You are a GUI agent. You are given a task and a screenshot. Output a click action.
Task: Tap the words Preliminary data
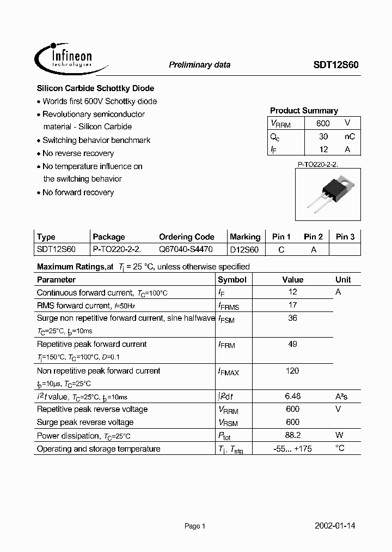click(199, 65)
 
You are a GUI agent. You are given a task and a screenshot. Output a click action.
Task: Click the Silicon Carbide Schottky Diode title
click(95, 88)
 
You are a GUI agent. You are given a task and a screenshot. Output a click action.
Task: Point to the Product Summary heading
click(304, 111)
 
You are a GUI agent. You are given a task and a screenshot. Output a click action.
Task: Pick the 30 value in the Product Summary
click(323, 137)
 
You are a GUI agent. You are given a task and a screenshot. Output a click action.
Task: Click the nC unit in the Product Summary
click(350, 137)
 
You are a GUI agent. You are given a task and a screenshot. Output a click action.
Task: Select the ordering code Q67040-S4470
click(186, 249)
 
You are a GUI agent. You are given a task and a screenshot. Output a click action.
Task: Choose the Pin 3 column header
click(345, 237)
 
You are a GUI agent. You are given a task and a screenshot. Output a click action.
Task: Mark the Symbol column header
click(232, 279)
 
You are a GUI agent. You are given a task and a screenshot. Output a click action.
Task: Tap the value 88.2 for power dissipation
click(292, 436)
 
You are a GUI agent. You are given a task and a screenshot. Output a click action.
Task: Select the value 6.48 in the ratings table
click(292, 397)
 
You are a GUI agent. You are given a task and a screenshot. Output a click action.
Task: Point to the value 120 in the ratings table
click(292, 371)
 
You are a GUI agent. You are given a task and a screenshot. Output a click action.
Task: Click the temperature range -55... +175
click(293, 449)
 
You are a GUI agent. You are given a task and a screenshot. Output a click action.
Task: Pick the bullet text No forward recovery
click(78, 193)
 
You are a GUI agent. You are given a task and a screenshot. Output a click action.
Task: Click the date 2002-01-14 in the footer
click(335, 526)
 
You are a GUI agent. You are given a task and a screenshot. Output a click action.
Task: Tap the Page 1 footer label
click(195, 526)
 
